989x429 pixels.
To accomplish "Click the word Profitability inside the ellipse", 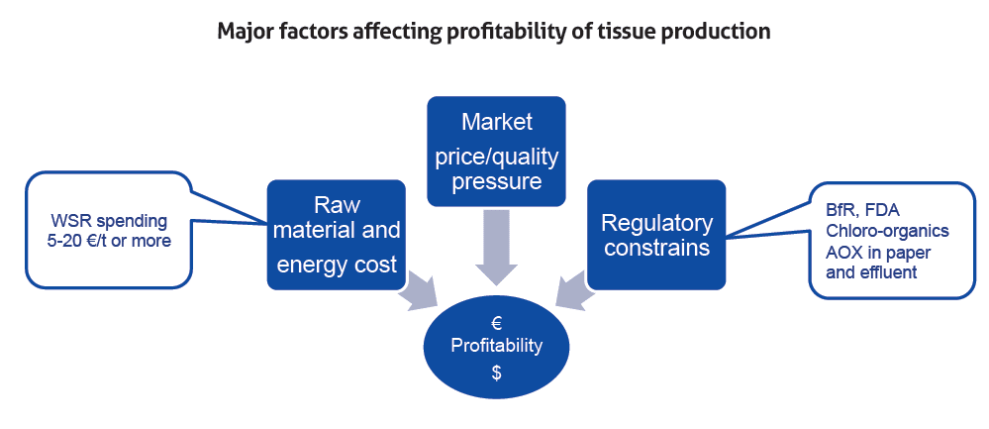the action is [496, 347].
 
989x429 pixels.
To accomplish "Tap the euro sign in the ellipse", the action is [496, 324].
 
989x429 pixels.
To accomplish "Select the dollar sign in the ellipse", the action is [496, 374].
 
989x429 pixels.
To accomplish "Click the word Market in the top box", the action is [496, 122].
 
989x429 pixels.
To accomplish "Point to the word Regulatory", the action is [656, 224].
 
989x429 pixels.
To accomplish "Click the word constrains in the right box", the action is [656, 248].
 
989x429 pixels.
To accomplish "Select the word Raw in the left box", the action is [337, 206].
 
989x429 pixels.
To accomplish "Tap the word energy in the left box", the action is [310, 265].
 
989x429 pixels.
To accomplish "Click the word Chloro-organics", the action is [886, 231].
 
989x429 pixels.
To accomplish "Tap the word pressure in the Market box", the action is [497, 181].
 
